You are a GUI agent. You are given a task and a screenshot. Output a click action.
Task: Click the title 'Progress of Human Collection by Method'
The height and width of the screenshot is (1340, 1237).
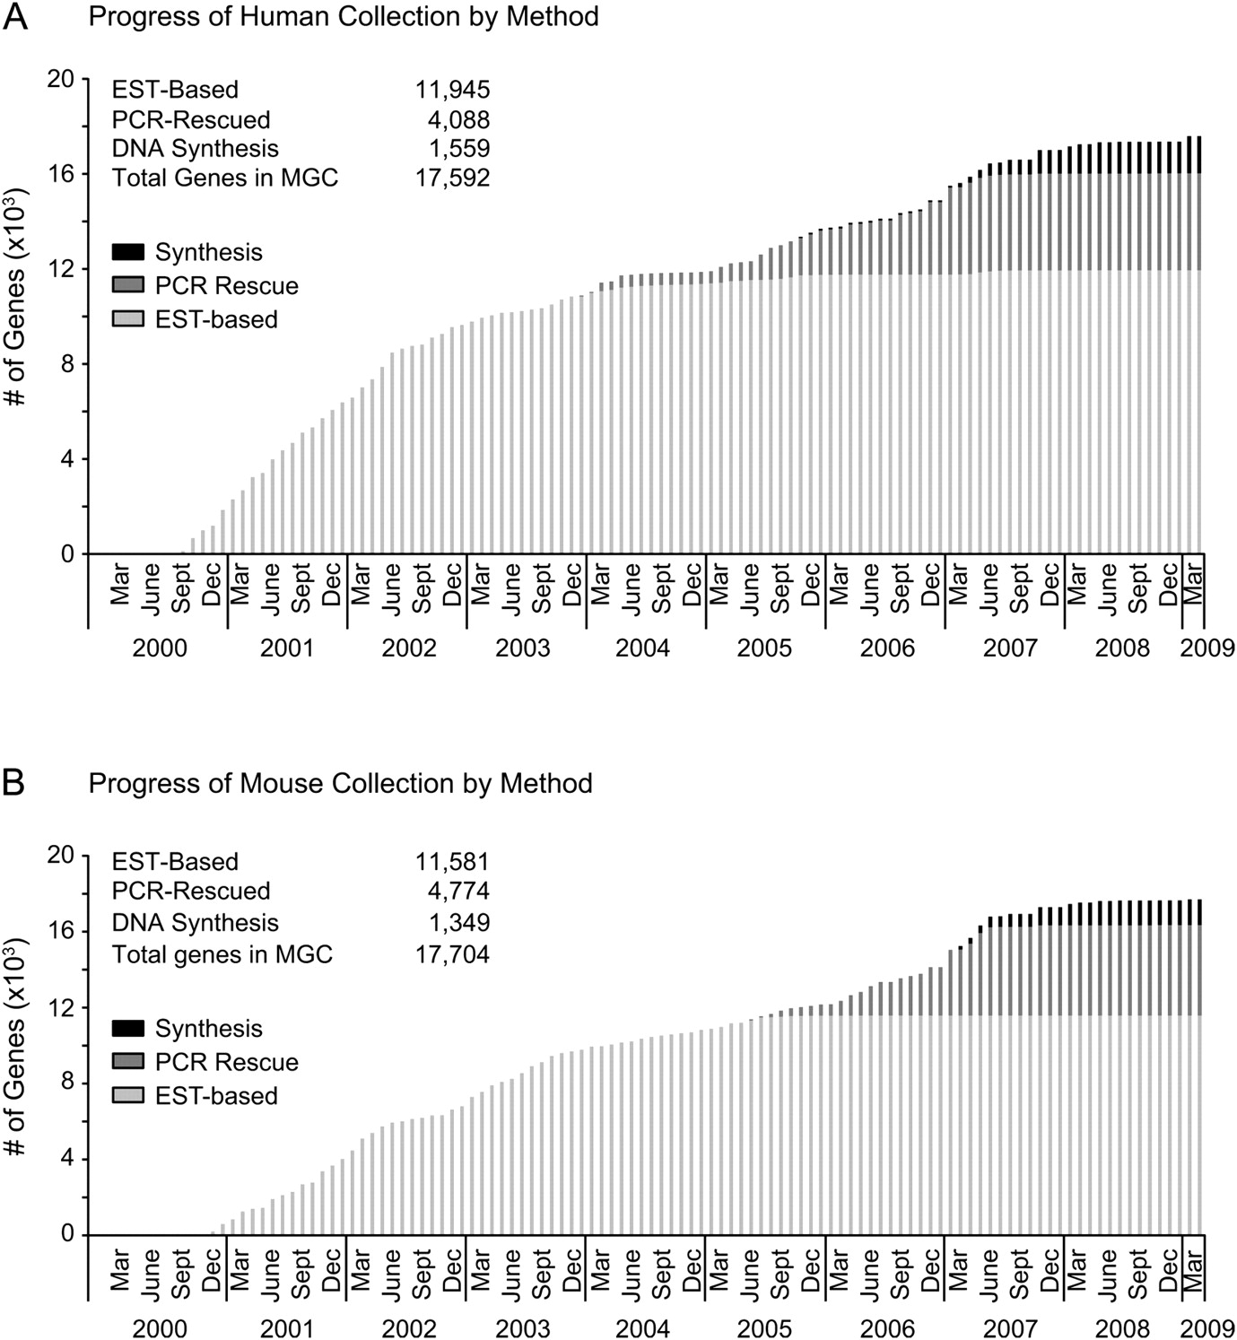coord(344,16)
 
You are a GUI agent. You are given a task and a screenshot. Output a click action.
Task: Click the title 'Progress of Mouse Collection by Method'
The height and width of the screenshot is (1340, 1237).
coord(340,783)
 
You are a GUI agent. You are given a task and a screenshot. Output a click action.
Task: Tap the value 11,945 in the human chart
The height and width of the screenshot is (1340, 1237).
coord(452,90)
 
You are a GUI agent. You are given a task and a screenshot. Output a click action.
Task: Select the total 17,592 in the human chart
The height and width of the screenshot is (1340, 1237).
coord(452,178)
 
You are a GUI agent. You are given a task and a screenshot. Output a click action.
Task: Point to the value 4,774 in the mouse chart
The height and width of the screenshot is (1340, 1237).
coord(457,891)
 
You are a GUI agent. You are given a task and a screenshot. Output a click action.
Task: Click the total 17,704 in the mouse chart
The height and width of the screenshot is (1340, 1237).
coord(452,954)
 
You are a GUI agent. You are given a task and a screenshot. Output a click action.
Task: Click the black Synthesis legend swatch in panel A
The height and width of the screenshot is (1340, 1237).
coord(128,252)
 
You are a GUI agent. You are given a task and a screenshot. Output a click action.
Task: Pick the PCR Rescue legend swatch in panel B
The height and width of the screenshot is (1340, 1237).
coord(128,1062)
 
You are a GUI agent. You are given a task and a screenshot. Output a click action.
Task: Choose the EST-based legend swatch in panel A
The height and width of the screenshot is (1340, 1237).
coord(128,319)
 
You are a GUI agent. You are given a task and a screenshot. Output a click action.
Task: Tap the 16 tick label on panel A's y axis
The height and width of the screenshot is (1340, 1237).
coord(62,173)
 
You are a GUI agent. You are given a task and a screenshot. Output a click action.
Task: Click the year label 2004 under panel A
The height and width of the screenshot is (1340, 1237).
coord(642,648)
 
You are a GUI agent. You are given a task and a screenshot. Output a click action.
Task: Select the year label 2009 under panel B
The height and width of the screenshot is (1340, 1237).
coord(1207,1327)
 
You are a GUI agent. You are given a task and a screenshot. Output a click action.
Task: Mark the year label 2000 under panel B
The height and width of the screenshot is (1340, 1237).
coord(160,1327)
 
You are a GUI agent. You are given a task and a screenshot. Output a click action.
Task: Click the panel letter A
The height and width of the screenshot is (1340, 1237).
coord(15,16)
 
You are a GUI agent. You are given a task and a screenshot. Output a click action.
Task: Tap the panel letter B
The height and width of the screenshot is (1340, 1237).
coord(13,783)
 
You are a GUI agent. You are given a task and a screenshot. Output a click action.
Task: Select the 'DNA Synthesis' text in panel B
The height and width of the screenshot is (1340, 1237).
coord(195,923)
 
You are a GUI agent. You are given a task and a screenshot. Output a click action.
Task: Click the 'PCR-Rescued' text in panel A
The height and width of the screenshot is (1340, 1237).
coord(190,119)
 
